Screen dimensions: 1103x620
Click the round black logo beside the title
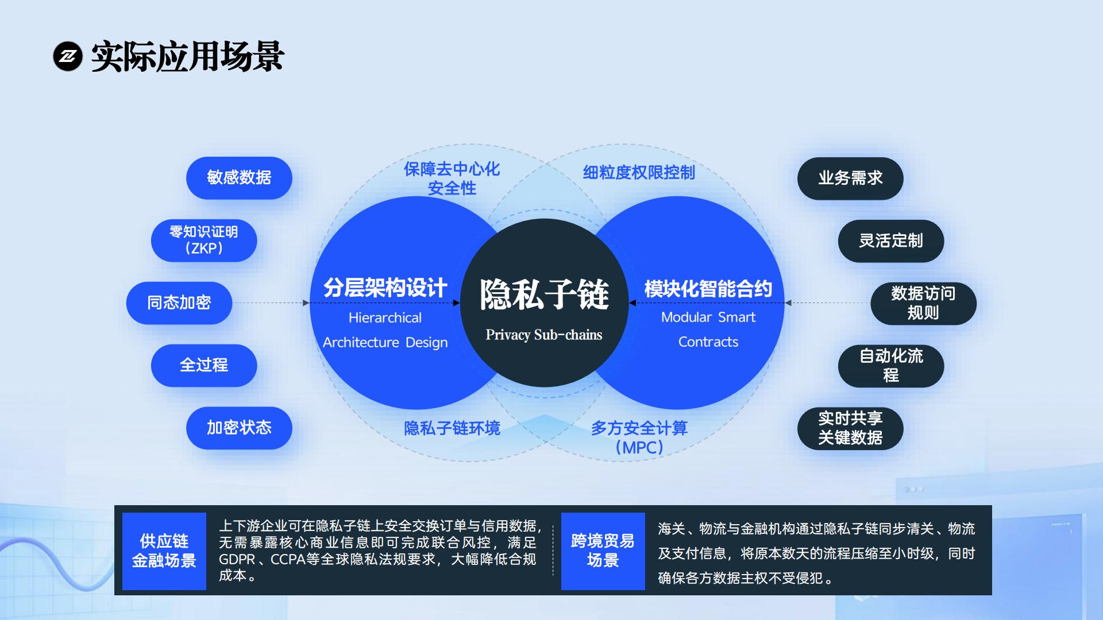[68, 56]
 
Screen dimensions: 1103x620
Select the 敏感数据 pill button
[239, 178]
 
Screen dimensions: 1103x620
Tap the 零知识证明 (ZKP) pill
[204, 241]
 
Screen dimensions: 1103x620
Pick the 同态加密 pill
[179, 303]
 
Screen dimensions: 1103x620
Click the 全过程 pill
[204, 366]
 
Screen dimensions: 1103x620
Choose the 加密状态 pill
[239, 428]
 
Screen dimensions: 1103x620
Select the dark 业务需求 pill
[850, 179]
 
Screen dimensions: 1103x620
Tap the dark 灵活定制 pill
[891, 241]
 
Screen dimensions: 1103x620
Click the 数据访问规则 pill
[923, 304]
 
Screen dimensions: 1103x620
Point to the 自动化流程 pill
[891, 366]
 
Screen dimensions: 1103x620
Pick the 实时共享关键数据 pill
[850, 429]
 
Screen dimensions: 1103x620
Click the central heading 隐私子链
[544, 295]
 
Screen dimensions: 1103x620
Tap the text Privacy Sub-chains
[544, 335]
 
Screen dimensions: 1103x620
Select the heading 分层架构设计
[385, 288]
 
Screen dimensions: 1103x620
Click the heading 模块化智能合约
[708, 289]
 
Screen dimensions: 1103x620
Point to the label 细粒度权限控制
[639, 172]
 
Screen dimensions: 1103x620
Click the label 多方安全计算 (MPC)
[639, 437]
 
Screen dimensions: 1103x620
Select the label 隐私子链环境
[452, 428]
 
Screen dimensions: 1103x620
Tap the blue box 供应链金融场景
[164, 551]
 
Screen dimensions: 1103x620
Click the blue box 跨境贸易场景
[603, 551]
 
